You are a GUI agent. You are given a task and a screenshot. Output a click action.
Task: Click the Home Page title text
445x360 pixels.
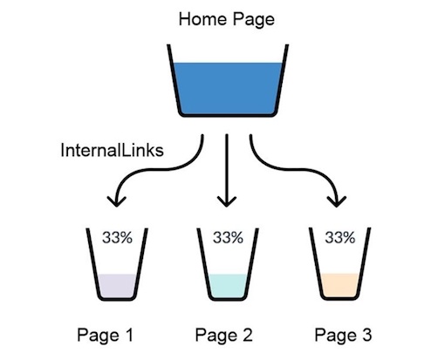[x=227, y=20]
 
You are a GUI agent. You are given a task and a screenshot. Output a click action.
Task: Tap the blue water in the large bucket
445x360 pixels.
[x=227, y=88]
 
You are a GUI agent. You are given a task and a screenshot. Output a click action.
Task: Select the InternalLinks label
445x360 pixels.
[x=112, y=151]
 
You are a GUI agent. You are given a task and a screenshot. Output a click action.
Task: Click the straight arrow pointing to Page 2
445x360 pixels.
[x=227, y=170]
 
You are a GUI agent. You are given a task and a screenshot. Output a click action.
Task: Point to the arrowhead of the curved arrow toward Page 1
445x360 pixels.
[x=116, y=201]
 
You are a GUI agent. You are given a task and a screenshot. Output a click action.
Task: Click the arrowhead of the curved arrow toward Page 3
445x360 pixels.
[x=337, y=201]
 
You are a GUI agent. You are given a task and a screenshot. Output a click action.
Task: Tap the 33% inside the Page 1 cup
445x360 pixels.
[x=117, y=237]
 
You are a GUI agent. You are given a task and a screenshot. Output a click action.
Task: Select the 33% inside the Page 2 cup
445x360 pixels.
[x=228, y=237]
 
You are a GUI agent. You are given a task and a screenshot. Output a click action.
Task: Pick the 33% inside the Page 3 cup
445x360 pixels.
[x=340, y=237]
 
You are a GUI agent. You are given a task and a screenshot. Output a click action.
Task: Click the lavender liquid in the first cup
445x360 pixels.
[x=117, y=286]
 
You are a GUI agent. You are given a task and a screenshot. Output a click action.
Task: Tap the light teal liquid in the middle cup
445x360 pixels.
[x=228, y=286]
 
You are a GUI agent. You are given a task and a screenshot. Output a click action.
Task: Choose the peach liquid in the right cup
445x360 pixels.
[x=339, y=285]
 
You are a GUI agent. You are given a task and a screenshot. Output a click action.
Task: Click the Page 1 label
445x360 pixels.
[x=105, y=335]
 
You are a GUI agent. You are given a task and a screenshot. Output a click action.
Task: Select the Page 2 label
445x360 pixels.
[x=223, y=335]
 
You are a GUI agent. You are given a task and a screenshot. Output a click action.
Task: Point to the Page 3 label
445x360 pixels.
[x=343, y=335]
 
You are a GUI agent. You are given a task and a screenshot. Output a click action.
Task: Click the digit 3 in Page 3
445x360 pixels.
[x=366, y=335]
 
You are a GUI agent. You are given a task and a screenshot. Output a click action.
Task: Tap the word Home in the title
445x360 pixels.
[x=202, y=19]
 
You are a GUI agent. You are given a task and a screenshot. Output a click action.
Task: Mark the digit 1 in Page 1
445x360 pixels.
[x=129, y=335]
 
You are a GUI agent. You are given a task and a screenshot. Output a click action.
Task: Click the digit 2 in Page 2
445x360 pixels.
[x=247, y=335]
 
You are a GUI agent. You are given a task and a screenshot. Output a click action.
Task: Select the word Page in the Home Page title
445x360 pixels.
[x=254, y=20]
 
